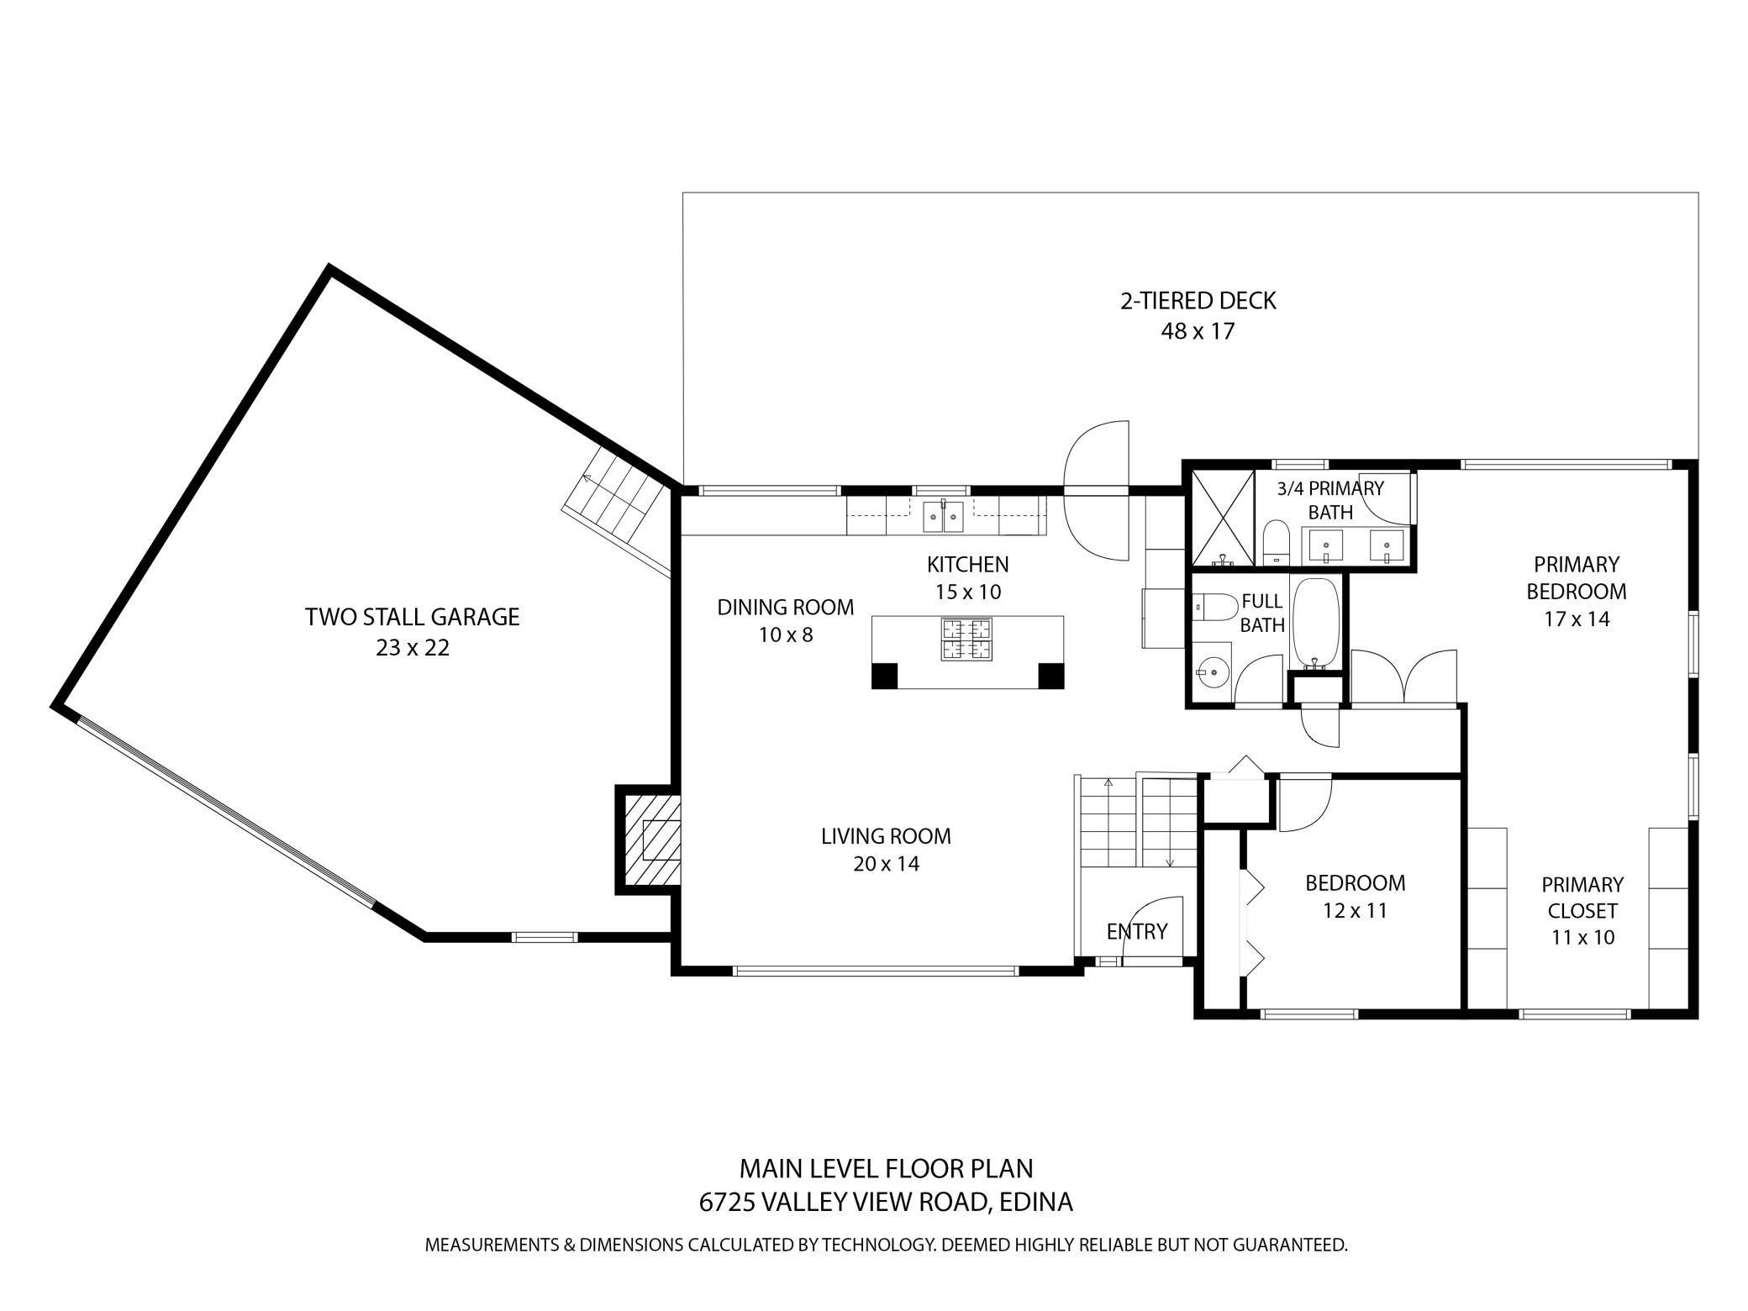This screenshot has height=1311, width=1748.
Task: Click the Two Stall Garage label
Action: point(412,617)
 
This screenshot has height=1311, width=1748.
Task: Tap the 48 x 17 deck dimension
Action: point(1198,331)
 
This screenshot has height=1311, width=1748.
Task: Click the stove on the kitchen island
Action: point(966,640)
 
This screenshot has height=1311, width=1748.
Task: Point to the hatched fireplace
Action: point(649,840)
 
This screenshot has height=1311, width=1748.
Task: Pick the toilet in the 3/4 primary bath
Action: point(1277,540)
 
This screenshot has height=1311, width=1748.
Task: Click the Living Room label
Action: point(886,836)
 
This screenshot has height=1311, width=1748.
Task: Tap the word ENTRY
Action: point(1137,931)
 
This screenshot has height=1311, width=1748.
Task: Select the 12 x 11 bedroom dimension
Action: point(1355,910)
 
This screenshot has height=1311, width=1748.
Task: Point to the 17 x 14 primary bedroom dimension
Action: point(1577,619)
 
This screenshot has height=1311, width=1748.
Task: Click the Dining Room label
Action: point(785,607)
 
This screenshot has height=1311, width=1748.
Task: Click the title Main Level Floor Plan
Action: point(886,1168)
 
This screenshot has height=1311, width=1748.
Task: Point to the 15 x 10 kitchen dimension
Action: point(968,592)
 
